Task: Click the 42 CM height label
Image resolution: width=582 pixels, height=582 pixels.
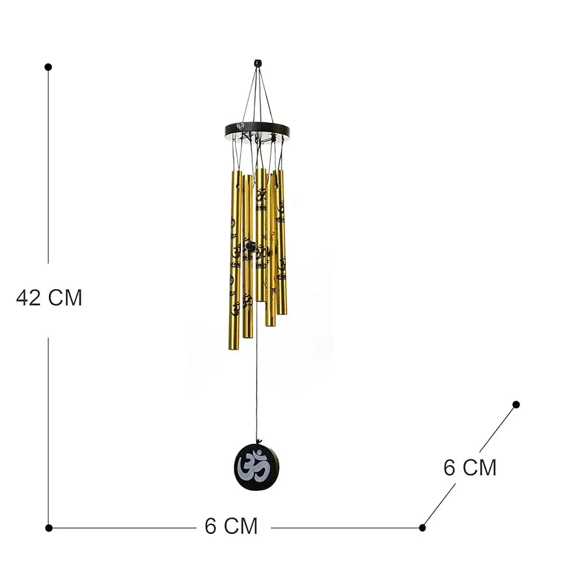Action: (49, 298)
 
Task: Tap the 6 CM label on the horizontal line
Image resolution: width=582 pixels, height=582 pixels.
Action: (231, 526)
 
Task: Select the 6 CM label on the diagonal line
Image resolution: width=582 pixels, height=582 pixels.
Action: (470, 467)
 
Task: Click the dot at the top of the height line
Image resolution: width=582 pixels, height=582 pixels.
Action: (48, 67)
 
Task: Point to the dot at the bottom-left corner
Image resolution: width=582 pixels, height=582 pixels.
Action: (49, 528)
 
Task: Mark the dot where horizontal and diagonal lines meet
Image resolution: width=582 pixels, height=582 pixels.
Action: (423, 528)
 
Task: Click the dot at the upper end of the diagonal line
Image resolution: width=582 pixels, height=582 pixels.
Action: (516, 404)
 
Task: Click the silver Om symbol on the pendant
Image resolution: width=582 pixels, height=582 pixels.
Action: (255, 469)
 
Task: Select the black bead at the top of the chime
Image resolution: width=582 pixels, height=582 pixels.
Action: (258, 63)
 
